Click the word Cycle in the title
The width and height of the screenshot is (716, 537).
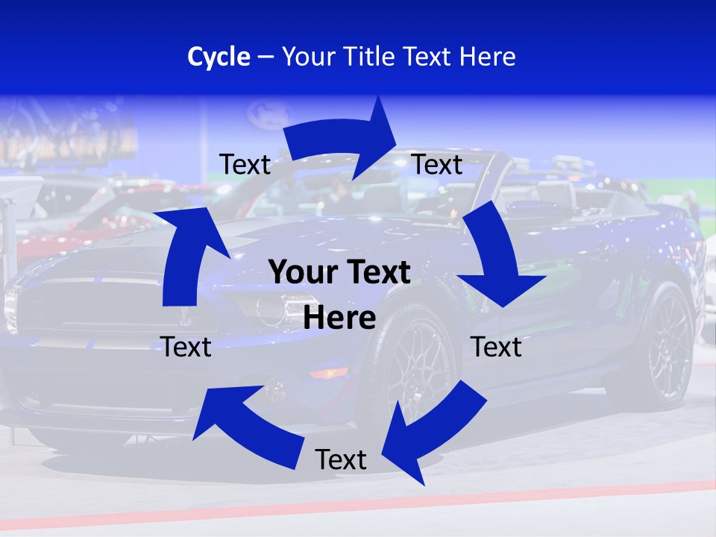click(219, 57)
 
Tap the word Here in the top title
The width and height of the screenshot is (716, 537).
click(487, 57)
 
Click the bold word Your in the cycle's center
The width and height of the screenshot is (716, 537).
click(298, 273)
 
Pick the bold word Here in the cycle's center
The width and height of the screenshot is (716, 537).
click(339, 318)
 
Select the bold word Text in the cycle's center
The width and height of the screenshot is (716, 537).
click(377, 273)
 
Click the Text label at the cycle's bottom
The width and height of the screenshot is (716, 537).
click(341, 459)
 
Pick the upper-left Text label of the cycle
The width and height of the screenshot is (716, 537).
click(245, 164)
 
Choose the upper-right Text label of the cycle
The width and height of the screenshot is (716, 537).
click(437, 164)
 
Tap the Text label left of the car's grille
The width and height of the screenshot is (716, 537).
click(186, 347)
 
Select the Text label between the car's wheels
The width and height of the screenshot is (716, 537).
click(497, 347)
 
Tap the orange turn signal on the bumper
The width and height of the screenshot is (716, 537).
click(329, 372)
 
